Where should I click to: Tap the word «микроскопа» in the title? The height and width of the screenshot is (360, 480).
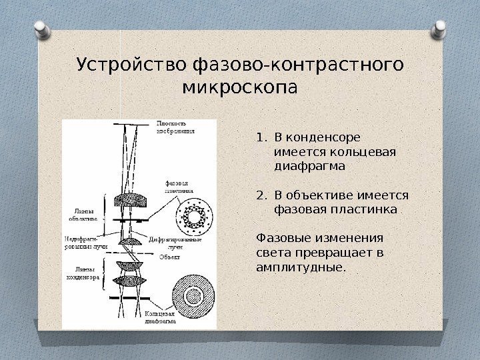click(x=241, y=87)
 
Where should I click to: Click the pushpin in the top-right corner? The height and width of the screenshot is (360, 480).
click(x=440, y=28)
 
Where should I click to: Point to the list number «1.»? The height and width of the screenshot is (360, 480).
click(x=261, y=138)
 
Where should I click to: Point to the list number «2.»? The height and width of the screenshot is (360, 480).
click(x=261, y=195)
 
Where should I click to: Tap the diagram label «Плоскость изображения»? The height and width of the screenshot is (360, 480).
click(x=175, y=127)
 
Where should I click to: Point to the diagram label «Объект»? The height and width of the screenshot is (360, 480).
click(x=169, y=256)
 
